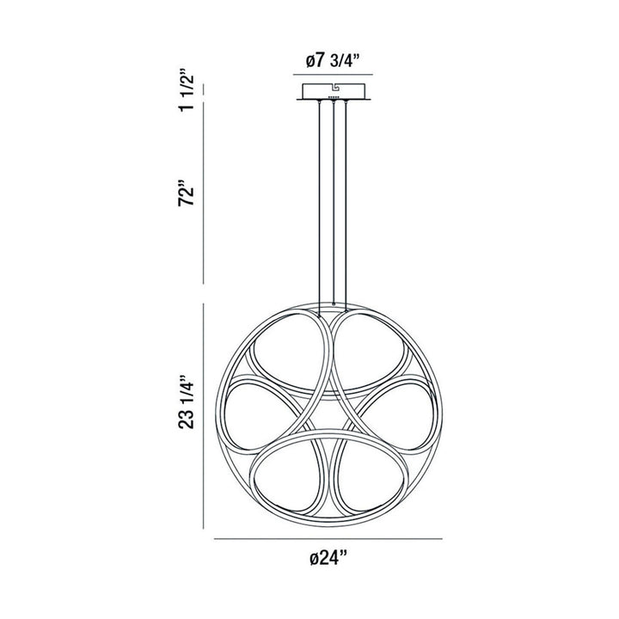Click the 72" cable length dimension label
tap(184, 196)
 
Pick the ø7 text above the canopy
tap(316, 63)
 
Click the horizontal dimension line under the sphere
tap(328, 538)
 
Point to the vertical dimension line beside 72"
tap(204, 196)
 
